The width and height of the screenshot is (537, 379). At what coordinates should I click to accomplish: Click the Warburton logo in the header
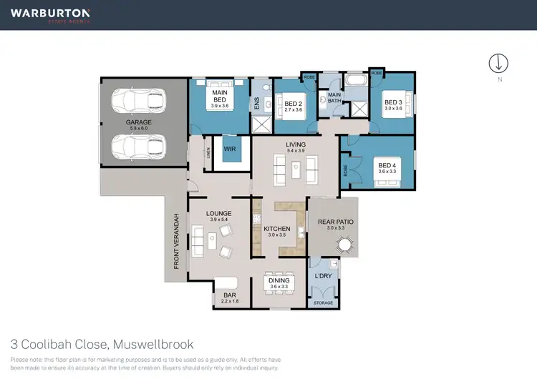point(50,14)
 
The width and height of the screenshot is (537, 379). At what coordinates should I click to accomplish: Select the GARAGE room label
point(139,122)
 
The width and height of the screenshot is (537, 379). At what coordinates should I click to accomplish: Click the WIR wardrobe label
point(230,149)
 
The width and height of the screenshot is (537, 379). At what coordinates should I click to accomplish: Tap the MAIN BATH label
point(335,98)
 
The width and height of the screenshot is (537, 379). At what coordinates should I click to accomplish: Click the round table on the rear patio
point(346,245)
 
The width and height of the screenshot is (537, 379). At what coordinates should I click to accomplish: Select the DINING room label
point(279,280)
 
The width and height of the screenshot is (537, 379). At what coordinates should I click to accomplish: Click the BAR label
point(230,295)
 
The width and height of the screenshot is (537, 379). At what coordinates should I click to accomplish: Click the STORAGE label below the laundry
point(324,303)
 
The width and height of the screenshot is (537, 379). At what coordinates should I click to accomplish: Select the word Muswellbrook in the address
point(153,344)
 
